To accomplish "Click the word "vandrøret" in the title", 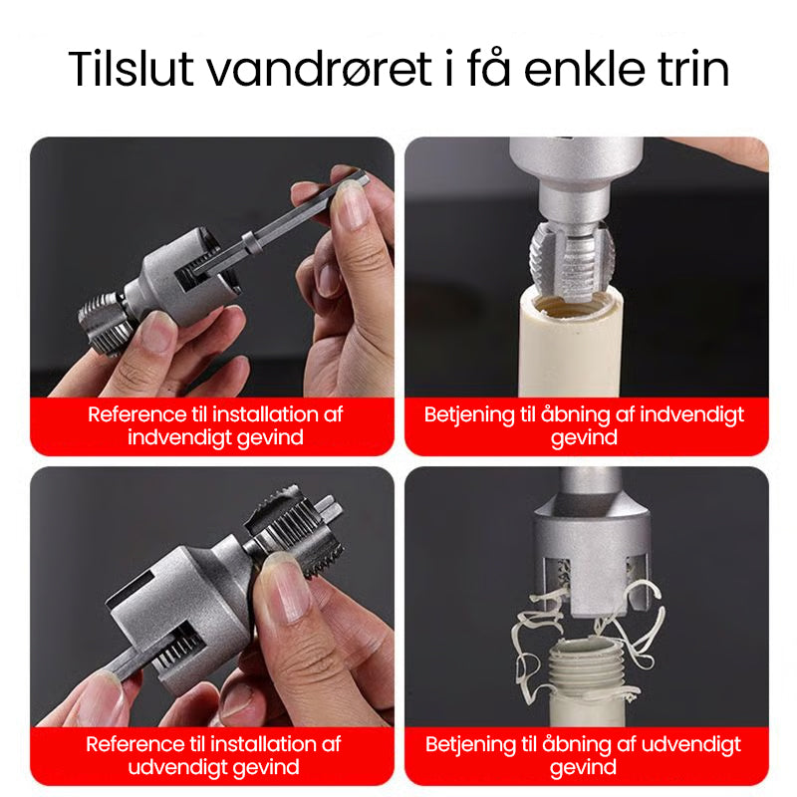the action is tap(319, 69).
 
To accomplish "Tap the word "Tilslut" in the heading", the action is tap(131, 69).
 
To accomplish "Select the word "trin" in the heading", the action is tap(693, 69).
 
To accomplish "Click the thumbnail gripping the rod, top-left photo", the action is tap(350, 203).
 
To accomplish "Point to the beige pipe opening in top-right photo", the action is tap(571, 305).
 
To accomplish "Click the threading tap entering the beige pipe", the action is tap(573, 261).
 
